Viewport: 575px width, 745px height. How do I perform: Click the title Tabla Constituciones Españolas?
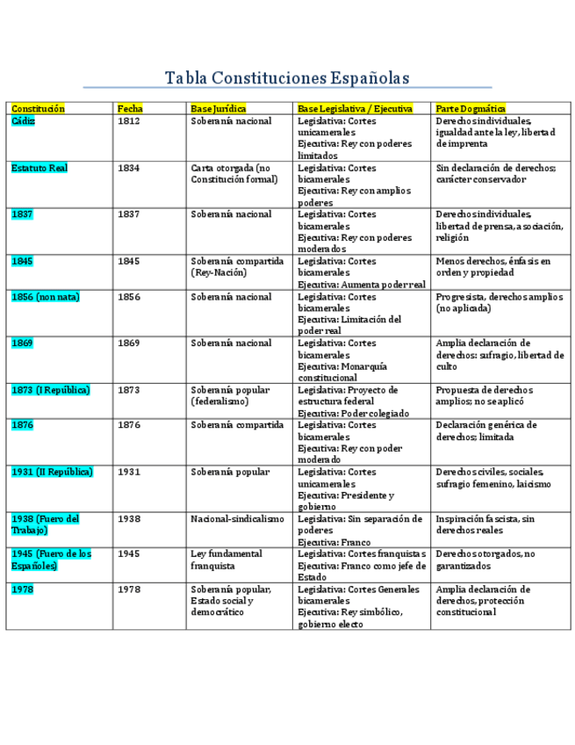(287, 78)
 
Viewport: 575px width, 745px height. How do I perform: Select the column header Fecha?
(130, 108)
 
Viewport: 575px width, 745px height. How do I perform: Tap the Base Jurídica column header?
(219, 108)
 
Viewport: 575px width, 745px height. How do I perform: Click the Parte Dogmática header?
(471, 108)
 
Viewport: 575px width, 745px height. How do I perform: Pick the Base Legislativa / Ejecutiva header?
(356, 108)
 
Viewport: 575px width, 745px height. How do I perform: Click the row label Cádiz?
(24, 120)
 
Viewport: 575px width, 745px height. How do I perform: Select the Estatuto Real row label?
(39, 167)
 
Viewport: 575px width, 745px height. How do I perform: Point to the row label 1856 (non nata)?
(46, 297)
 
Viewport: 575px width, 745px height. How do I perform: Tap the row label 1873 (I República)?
(51, 389)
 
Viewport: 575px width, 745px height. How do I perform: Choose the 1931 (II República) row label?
(53, 472)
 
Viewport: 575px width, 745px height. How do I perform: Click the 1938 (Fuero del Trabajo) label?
(45, 524)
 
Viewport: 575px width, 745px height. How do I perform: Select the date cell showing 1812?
(128, 120)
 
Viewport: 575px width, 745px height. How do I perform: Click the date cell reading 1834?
(128, 167)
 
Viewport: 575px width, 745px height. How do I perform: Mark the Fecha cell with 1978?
(128, 589)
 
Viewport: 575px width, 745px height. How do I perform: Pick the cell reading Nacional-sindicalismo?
(237, 519)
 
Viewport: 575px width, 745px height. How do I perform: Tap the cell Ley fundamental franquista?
(226, 560)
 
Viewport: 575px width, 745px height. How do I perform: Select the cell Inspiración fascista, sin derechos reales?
(484, 524)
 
